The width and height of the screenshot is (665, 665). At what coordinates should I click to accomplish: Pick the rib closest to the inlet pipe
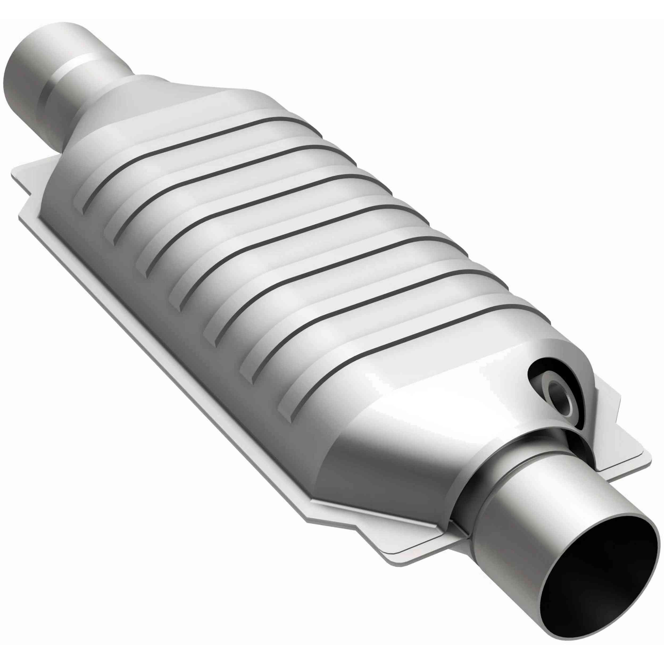[x=193, y=144]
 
